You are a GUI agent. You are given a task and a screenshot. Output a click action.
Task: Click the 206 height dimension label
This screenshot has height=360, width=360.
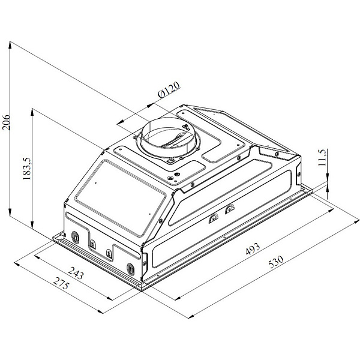tap(6, 122)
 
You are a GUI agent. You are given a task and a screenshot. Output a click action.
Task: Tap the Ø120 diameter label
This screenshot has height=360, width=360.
tap(169, 90)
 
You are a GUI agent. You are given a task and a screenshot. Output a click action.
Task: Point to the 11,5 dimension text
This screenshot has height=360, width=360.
tap(322, 158)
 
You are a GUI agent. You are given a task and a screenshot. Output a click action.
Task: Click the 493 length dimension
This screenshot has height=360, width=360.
tap(253, 248)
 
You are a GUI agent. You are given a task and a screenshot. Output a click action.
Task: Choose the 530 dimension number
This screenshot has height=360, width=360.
tap(276, 262)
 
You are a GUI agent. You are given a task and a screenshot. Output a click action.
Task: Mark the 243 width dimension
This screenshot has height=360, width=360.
tap(76, 272)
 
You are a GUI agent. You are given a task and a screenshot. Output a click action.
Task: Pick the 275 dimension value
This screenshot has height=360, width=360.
tap(61, 283)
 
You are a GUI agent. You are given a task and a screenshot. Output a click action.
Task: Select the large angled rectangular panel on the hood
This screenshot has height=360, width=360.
tap(121, 197)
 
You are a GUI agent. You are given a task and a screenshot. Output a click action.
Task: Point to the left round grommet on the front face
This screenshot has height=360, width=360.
tap(75, 237)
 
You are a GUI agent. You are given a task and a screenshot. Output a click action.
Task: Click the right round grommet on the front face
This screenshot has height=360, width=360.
tap(131, 269)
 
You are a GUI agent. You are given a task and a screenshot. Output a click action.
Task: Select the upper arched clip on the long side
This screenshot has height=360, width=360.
tap(230, 209)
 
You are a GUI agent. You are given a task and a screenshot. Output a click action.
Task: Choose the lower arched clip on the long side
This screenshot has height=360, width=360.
tap(214, 218)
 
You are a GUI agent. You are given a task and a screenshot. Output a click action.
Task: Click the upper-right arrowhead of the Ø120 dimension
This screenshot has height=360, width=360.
tap(151, 106)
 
